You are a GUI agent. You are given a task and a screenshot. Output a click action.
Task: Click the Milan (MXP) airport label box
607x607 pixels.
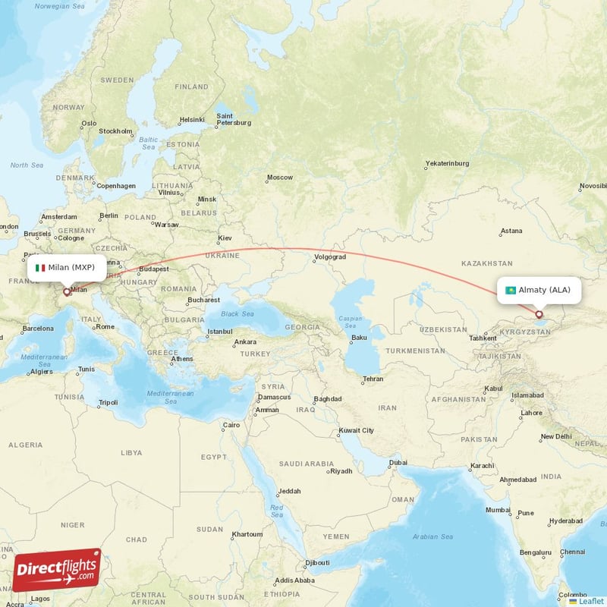[x=68, y=268]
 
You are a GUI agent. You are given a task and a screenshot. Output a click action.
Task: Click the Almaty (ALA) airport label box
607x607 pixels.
[x=539, y=290]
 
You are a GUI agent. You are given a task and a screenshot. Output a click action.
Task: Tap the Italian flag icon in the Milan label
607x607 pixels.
[x=40, y=268]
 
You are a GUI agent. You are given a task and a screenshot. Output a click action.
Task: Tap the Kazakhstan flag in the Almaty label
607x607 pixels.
[x=511, y=290]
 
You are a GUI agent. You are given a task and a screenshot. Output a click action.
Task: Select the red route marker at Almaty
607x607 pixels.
[x=539, y=314]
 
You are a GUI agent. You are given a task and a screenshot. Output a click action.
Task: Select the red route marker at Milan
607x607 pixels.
[x=67, y=291]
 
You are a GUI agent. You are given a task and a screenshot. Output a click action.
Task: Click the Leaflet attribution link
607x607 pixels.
[x=586, y=601]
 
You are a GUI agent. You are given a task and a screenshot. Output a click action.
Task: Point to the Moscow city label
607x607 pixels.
[x=279, y=178]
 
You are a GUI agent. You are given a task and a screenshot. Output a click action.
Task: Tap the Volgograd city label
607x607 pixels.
[x=329, y=257]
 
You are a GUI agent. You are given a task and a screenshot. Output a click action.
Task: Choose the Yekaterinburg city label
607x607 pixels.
[x=447, y=163]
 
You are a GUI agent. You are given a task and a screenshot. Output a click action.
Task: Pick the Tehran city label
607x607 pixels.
[x=373, y=379]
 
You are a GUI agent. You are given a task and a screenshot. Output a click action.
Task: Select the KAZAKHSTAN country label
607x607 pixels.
[x=486, y=263]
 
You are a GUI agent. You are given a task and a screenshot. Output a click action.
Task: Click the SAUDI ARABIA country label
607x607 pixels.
[x=307, y=463]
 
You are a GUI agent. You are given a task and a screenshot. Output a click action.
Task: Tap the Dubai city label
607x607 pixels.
[x=398, y=463]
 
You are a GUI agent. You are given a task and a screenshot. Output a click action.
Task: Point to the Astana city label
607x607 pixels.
[x=511, y=231]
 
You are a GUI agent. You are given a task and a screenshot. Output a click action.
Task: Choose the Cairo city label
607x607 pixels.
[x=231, y=426]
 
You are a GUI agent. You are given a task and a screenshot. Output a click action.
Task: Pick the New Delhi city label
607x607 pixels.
[x=557, y=437]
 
